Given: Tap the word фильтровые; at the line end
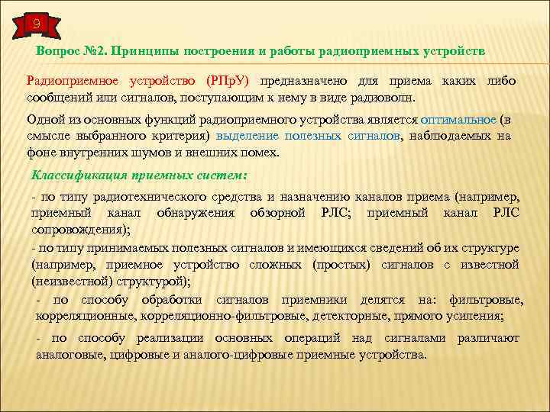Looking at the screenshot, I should click(486, 300).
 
